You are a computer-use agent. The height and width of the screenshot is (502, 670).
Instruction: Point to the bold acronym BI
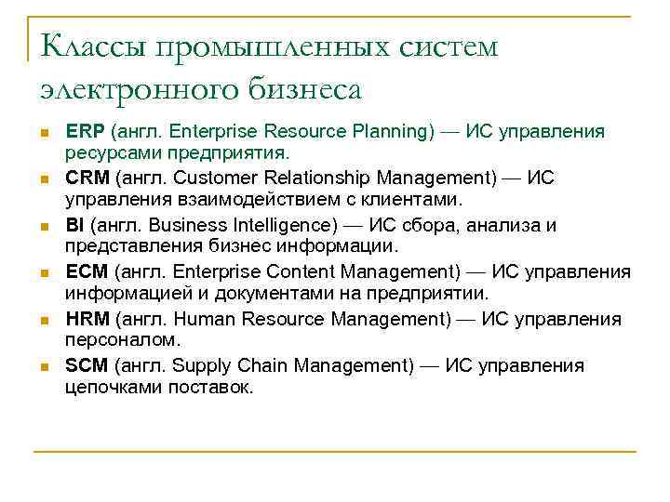click(x=75, y=225)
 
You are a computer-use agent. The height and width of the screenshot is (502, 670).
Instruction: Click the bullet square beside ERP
click(x=43, y=133)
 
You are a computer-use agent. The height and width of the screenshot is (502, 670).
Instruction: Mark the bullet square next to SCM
click(x=43, y=366)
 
